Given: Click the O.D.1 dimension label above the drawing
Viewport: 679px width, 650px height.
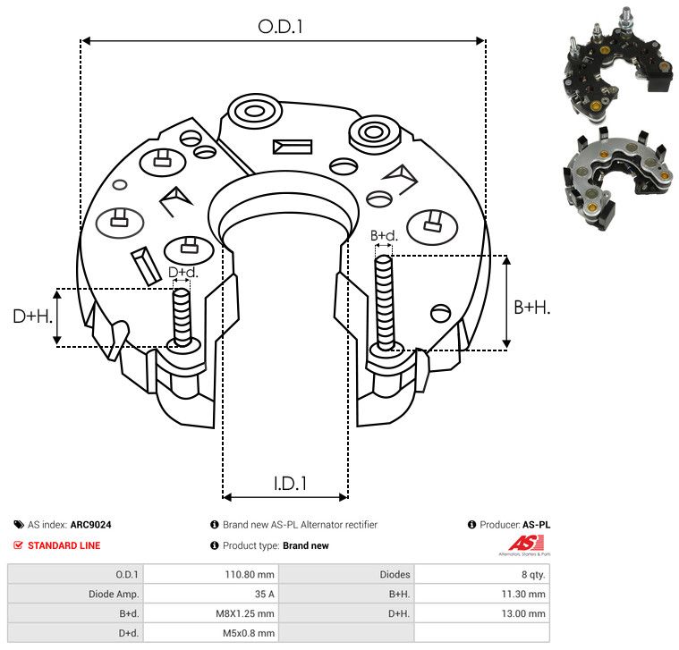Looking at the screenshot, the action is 280,27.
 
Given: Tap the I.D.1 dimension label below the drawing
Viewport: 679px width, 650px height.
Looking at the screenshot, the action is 290,484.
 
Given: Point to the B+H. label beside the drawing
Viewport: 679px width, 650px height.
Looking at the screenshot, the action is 531,308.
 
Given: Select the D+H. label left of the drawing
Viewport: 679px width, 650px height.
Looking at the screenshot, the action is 32,317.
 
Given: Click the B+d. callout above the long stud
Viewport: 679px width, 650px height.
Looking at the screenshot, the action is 384,235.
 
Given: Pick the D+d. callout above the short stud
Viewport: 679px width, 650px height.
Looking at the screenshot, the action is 183,272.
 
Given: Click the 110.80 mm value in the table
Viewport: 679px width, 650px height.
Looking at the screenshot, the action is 250,574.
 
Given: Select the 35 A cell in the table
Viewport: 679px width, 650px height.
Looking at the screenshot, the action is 264,594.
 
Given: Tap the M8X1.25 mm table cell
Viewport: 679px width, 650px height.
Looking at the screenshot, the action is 245,613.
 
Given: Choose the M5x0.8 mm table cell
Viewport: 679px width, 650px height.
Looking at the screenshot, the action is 249,633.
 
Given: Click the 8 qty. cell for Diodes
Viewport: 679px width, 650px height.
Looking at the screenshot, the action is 533,574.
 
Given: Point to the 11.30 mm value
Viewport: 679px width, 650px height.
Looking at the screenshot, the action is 523,594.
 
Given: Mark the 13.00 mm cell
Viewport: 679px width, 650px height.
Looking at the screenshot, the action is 523,613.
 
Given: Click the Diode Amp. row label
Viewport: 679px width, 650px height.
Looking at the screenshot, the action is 114,594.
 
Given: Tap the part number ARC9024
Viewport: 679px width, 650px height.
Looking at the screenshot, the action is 91,525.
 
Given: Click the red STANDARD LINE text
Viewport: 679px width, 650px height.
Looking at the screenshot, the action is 64,545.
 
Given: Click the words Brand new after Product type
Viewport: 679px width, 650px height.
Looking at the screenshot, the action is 306,545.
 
